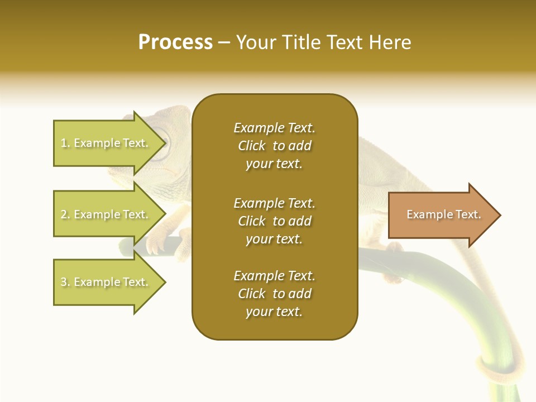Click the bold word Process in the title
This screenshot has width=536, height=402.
(175, 42)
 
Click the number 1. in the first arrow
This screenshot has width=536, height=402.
(65, 143)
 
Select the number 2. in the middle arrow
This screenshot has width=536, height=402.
(65, 215)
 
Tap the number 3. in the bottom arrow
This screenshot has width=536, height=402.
(65, 283)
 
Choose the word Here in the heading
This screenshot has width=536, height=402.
(391, 42)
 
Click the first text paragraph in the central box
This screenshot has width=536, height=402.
(274, 146)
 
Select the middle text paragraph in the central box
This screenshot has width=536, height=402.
(274, 221)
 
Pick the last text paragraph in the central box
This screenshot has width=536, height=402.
(274, 294)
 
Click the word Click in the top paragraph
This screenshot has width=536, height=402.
(252, 146)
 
